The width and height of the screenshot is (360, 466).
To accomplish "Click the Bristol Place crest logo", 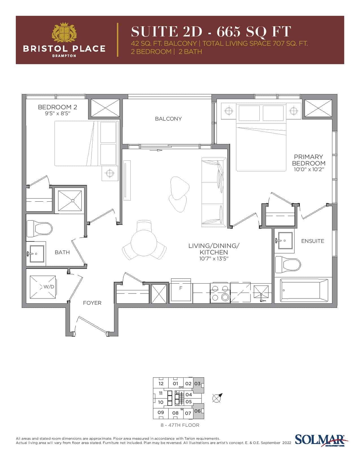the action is point(64,32).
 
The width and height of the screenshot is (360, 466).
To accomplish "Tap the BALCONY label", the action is point(168,119).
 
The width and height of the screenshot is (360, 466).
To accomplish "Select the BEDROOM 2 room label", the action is point(58,107).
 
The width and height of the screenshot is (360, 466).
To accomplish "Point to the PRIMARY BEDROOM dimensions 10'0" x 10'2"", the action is point(309,169).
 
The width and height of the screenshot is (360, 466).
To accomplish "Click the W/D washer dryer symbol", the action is point(43,287).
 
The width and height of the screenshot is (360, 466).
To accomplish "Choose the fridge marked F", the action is point(181,291).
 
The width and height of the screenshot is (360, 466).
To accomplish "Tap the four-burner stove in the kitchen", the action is point(220,293).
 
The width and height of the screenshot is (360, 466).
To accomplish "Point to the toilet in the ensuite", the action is point(288,264).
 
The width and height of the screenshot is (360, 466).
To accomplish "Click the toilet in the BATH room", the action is point(39,228).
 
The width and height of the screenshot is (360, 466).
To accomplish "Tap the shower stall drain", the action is point(73,201).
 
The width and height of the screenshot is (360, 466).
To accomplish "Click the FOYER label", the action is point(92,303).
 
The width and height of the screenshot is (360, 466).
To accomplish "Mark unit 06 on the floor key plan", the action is point(198,411).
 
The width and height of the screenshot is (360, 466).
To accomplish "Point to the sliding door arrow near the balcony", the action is point(156,151).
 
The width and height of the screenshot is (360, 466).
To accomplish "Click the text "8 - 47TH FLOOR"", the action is point(180,425).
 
